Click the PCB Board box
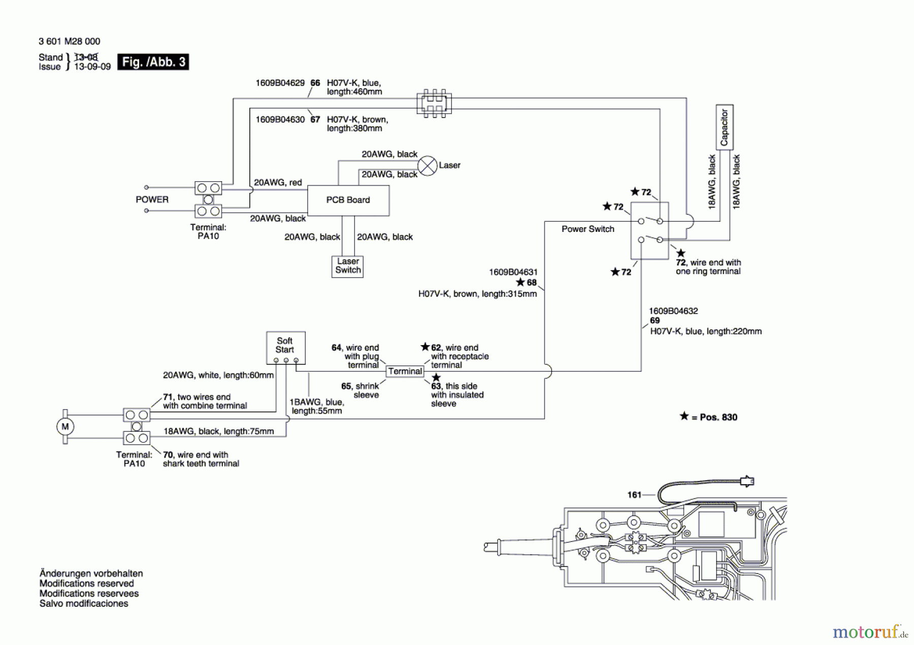point(348,200)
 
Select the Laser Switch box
point(348,266)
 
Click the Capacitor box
point(724,127)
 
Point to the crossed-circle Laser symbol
point(427,165)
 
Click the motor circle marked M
point(65,427)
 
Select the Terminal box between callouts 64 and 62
point(405,371)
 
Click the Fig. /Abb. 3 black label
point(153,62)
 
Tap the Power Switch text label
point(587,229)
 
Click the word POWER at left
point(152,199)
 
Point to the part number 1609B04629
point(280,83)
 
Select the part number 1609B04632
point(673,311)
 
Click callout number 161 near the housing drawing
point(634,495)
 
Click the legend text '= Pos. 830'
point(714,417)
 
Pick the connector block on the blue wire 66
point(434,104)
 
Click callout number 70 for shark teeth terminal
point(168,455)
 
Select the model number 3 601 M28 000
point(70,41)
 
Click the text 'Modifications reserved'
point(86,584)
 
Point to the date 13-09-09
point(92,67)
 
